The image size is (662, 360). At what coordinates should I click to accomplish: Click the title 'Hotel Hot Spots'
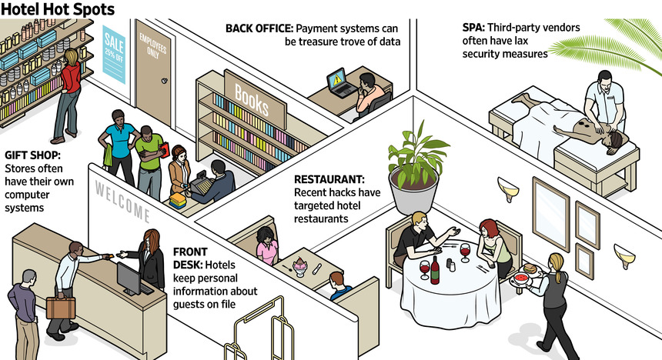tap(59, 10)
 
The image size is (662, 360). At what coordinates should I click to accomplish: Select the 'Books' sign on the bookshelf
tap(252, 98)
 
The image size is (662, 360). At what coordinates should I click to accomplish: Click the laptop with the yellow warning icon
tap(339, 83)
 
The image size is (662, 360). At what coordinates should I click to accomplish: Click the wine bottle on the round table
tap(434, 268)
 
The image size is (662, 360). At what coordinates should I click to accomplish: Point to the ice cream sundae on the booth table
tap(299, 266)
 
